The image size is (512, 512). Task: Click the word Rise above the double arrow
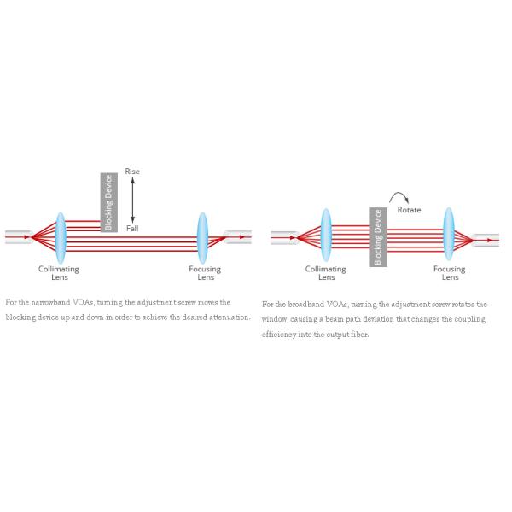click(132, 172)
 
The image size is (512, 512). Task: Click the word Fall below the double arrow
click(132, 229)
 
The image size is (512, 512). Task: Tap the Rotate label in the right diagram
click(410, 209)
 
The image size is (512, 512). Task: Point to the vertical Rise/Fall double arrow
click(132, 200)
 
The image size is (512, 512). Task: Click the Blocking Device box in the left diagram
click(108, 202)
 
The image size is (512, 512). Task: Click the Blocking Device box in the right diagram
click(377, 236)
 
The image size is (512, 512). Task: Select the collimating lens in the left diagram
click(61, 236)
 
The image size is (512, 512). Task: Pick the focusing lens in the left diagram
click(203, 236)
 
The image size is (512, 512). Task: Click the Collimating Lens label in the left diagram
click(59, 273)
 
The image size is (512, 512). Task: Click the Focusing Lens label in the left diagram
click(205, 273)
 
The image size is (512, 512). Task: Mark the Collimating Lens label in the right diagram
click(326, 273)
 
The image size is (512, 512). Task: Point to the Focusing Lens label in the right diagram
click(449, 273)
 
